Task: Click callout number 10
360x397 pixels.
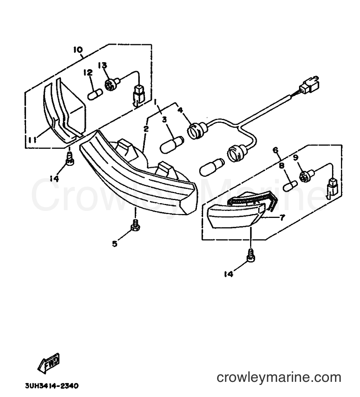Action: click(78, 50)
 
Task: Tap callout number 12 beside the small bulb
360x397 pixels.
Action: click(88, 73)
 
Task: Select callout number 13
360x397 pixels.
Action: click(103, 65)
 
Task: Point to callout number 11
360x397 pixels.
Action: click(32, 139)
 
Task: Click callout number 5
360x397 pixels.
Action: click(115, 244)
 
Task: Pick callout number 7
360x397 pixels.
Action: click(282, 217)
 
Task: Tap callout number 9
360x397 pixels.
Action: click(296, 157)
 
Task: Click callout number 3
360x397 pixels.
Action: click(165, 119)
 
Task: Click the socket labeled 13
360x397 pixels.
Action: click(111, 84)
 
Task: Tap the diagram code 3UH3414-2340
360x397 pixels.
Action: click(52, 386)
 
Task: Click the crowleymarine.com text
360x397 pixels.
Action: click(279, 378)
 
